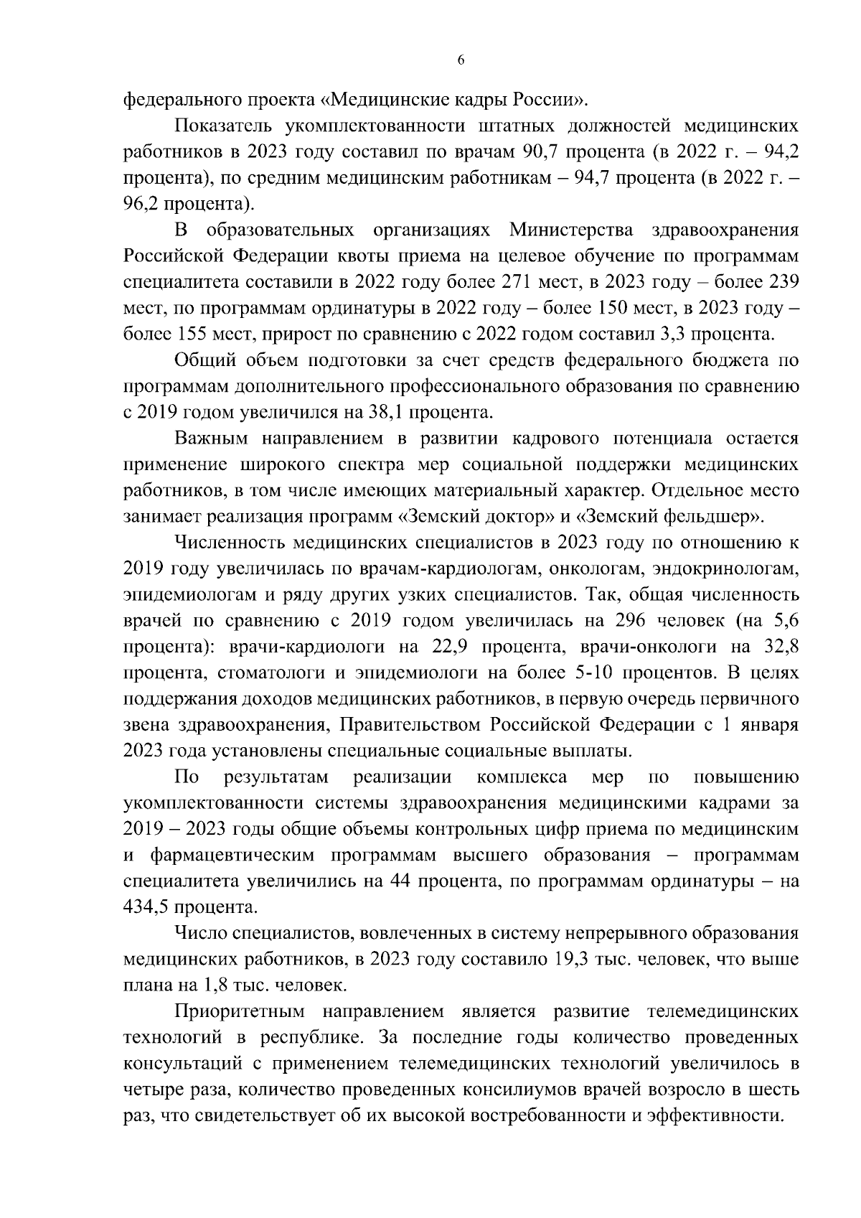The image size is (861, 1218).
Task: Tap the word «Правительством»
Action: pos(412,725)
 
